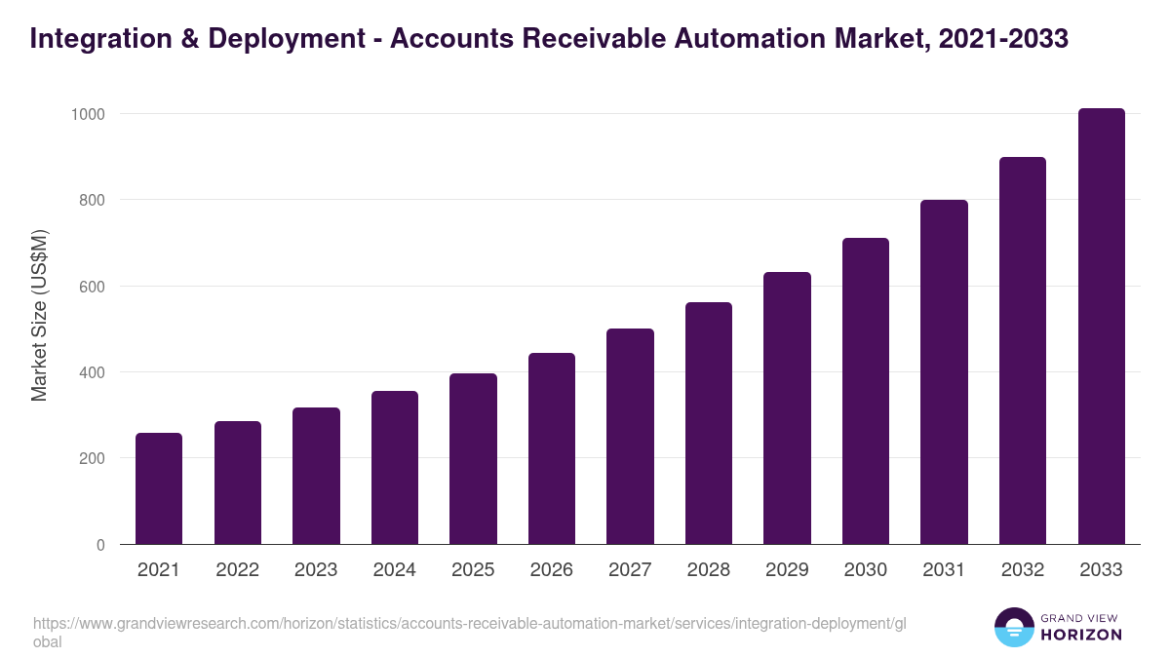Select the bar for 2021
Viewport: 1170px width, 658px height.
(159, 488)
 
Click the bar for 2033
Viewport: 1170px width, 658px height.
(1101, 327)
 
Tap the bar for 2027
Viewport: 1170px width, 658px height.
(630, 437)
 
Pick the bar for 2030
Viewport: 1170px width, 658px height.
(866, 391)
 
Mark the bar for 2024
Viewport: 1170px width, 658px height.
(395, 468)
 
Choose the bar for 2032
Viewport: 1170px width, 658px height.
(1023, 351)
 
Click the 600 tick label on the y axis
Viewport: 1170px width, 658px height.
(92, 287)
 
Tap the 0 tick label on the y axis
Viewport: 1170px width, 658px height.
(100, 545)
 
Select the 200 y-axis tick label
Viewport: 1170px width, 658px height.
(92, 458)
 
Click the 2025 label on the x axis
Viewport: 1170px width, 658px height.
(473, 570)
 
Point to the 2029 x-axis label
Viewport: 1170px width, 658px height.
(787, 570)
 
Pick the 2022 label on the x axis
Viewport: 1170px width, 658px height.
(237, 570)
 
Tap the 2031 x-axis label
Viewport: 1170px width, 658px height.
(944, 570)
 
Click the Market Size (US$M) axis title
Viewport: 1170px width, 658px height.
(39, 315)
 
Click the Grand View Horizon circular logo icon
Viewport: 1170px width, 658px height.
(1013, 627)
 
